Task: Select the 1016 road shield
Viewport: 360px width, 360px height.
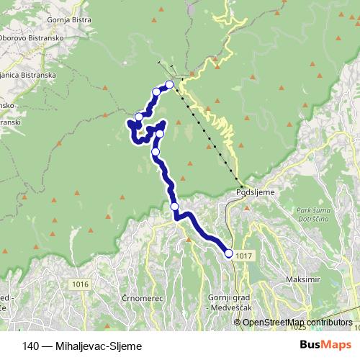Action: coord(80,285)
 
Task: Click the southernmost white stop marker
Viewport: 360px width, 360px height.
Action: coord(229,253)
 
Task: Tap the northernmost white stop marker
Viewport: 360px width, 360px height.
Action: coord(170,85)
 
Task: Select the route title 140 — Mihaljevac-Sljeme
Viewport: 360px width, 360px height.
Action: coord(81,345)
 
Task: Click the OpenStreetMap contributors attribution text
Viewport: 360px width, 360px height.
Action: coord(297,322)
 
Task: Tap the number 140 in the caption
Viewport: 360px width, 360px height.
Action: coord(31,345)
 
